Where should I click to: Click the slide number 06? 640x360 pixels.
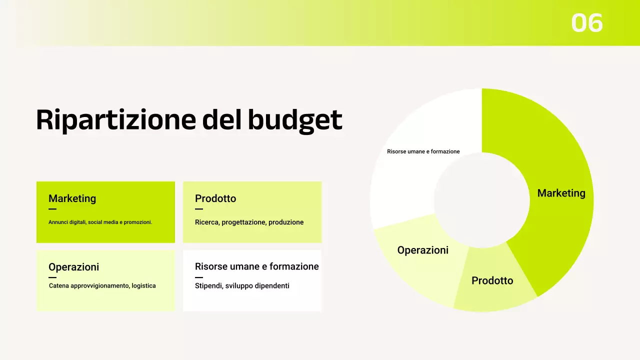pos(587,23)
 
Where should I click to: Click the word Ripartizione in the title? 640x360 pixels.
pos(115,120)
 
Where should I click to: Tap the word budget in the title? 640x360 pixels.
pos(295,120)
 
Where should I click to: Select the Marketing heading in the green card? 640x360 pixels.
pos(72,198)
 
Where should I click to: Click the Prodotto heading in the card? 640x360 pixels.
pos(215,198)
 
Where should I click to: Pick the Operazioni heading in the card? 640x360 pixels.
pos(73,267)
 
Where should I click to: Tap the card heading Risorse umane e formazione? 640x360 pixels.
pos(256,266)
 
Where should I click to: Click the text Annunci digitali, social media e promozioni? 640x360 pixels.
pos(100,222)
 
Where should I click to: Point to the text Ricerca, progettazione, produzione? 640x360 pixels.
pos(249,222)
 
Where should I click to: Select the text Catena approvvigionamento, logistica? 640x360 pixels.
pos(102,285)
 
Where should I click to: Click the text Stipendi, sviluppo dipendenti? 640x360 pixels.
pos(242,285)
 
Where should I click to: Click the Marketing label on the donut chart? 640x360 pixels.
pos(561,193)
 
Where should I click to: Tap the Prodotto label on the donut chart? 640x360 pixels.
pos(492,280)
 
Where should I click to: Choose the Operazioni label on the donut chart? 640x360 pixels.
pos(422,250)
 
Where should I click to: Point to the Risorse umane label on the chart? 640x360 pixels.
pos(423,151)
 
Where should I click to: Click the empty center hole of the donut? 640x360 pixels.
pos(481,200)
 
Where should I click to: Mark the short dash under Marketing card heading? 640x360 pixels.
pos(52,209)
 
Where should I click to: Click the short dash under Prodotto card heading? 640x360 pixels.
pos(199,209)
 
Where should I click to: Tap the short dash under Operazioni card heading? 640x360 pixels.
pos(52,277)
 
